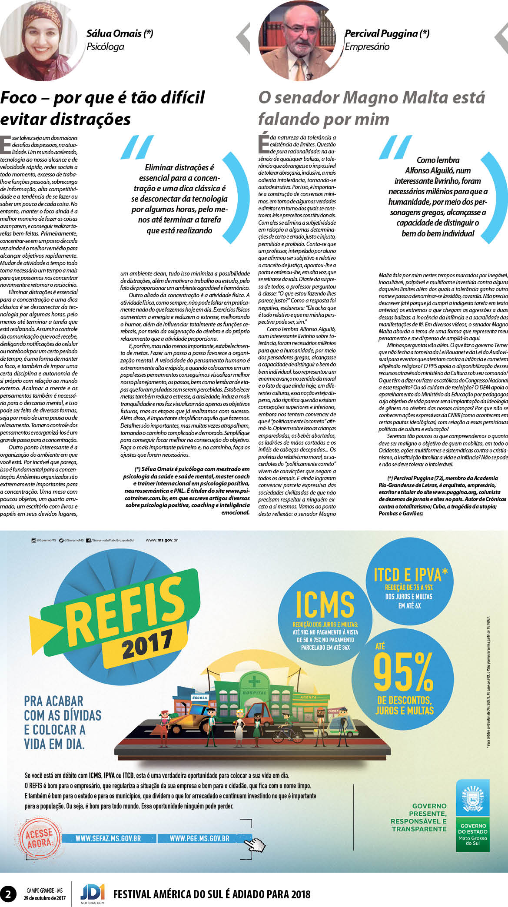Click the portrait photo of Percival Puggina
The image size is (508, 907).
[x=300, y=40]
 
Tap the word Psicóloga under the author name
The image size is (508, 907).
[x=105, y=47]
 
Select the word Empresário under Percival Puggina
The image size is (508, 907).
[x=367, y=47]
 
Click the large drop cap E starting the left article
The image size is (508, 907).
[x=6, y=145]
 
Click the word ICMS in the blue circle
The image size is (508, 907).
[x=325, y=605]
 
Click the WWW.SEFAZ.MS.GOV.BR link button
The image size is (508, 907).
[x=108, y=839]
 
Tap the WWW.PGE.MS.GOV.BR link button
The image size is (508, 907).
[x=199, y=839]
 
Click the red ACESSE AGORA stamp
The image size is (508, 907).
[x=39, y=838]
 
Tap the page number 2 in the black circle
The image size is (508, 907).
[x=8, y=894]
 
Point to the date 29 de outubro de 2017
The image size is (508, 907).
[x=44, y=898]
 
